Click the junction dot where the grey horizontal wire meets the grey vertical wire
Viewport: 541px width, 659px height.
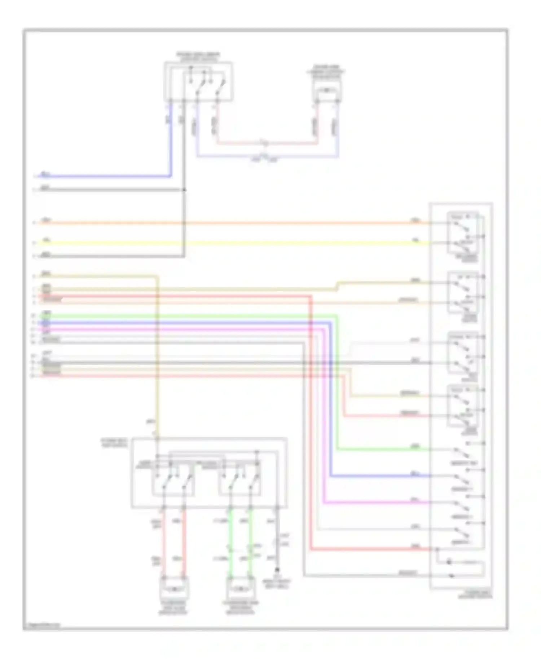184,190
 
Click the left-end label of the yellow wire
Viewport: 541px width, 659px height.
46,240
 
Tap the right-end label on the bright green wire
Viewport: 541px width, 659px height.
416,447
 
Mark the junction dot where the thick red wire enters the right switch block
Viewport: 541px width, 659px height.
437,550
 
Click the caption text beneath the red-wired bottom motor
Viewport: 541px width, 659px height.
173,607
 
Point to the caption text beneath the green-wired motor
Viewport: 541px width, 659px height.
241,607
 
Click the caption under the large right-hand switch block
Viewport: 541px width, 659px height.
475,595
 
